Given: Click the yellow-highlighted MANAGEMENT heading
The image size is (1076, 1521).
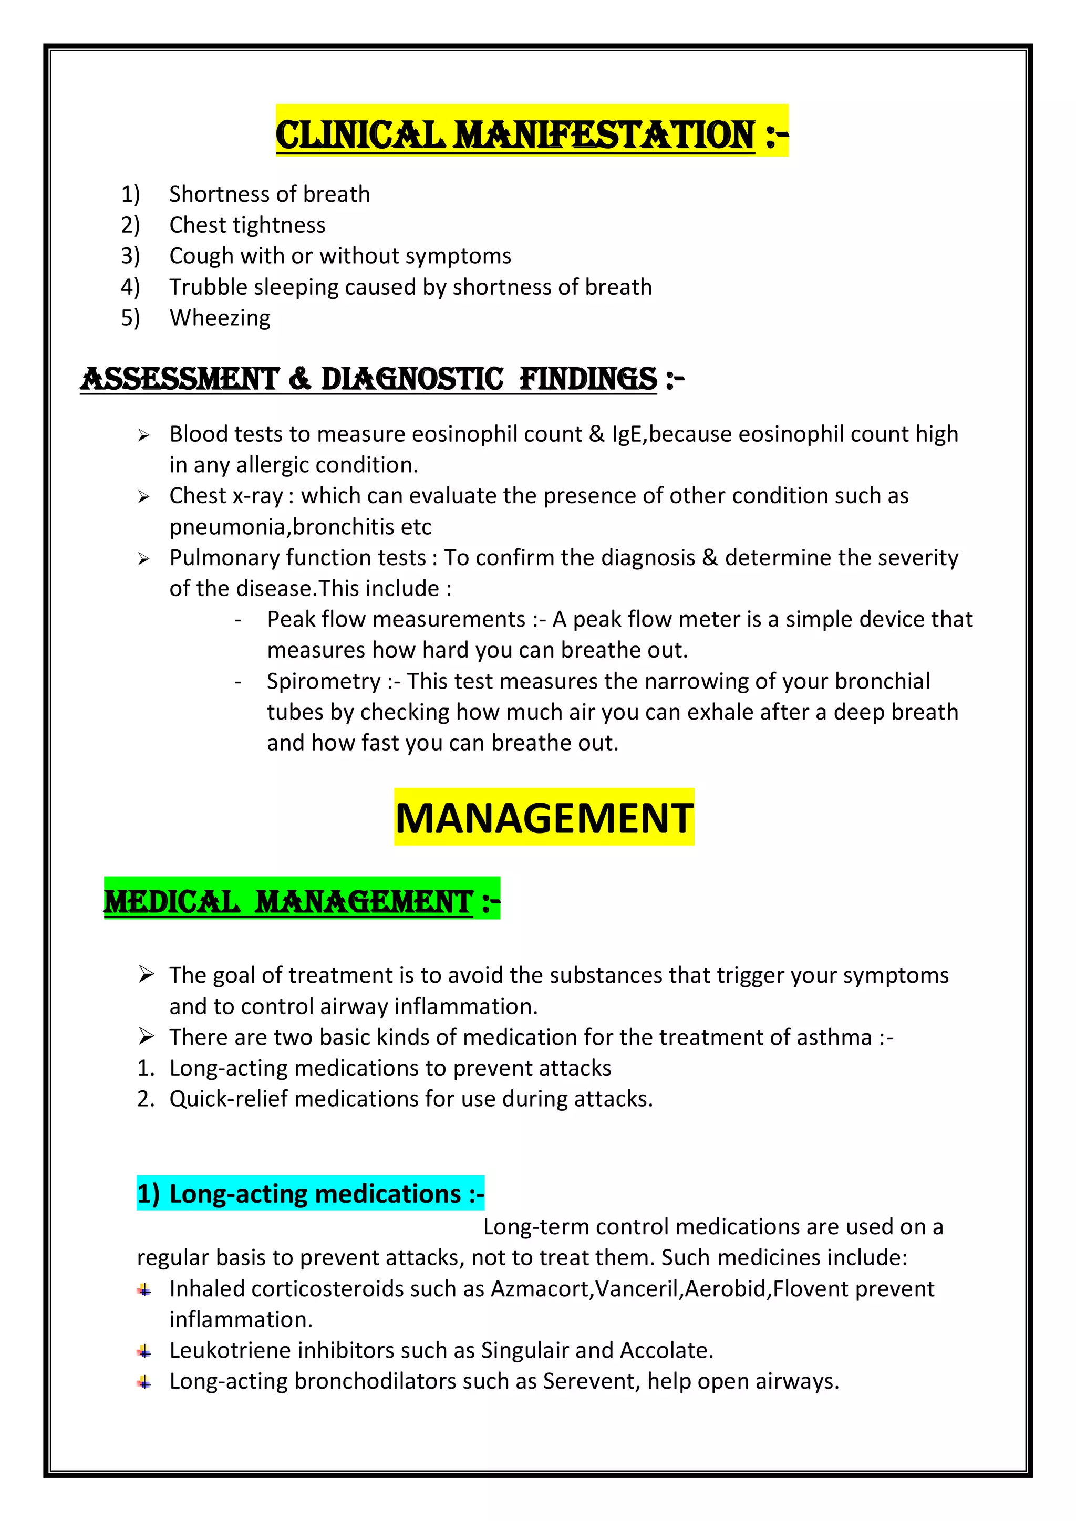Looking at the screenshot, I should click(x=543, y=817).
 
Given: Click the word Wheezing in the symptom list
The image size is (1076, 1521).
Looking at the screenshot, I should click(x=220, y=318).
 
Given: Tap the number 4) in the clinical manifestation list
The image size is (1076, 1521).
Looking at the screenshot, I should click(x=130, y=287).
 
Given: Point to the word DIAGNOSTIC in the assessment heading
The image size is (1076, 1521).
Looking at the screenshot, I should click(x=412, y=379).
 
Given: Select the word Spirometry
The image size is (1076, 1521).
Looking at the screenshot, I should click(x=323, y=681).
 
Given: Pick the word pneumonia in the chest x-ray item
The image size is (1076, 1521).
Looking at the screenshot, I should click(x=227, y=527).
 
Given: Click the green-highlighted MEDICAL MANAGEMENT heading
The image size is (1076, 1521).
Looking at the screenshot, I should click(x=302, y=901).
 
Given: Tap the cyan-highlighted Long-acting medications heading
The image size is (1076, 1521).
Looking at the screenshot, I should click(x=310, y=1193).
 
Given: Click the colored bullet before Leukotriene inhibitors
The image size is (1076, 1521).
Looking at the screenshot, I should click(x=144, y=1351).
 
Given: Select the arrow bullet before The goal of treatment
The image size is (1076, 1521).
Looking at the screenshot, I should click(x=147, y=974).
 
